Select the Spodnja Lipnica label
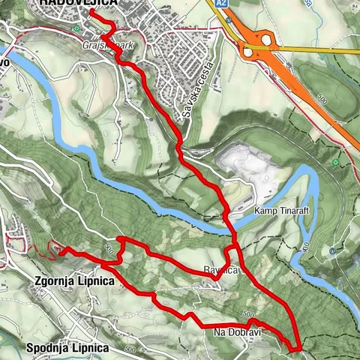click(67, 348)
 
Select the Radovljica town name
click(78, 4)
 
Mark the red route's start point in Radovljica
click(91, 11)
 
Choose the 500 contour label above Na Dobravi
click(248, 314)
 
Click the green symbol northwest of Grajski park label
click(76, 28)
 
